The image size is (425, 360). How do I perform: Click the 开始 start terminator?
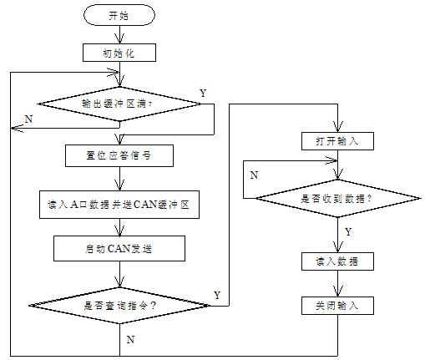point(119,15)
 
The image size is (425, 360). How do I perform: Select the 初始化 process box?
point(119,53)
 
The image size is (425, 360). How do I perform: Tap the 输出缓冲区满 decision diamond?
point(119,104)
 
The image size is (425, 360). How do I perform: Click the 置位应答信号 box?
point(119,155)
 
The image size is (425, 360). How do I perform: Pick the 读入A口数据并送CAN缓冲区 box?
point(119,205)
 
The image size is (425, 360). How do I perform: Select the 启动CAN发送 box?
point(119,248)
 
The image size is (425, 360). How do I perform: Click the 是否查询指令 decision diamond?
point(119,306)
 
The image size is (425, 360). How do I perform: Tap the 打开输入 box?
point(337,141)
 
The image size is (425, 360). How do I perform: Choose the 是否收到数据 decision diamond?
point(338,199)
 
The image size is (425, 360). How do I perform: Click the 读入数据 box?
point(337,261)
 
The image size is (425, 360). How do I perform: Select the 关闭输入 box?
point(337,306)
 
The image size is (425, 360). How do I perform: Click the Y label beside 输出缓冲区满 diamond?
point(204,93)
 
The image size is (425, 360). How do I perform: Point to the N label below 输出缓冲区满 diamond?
point(28,119)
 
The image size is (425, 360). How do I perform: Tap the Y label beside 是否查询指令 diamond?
point(217,295)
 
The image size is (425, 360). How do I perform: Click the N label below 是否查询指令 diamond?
point(130,339)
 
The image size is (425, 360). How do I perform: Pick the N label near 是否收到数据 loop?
point(254,175)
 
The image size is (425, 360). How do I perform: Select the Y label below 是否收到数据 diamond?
point(348,231)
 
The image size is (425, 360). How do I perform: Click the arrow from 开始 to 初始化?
point(119,35)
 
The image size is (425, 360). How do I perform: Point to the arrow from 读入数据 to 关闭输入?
point(338,284)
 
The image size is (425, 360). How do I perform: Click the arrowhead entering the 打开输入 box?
point(338,127)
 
